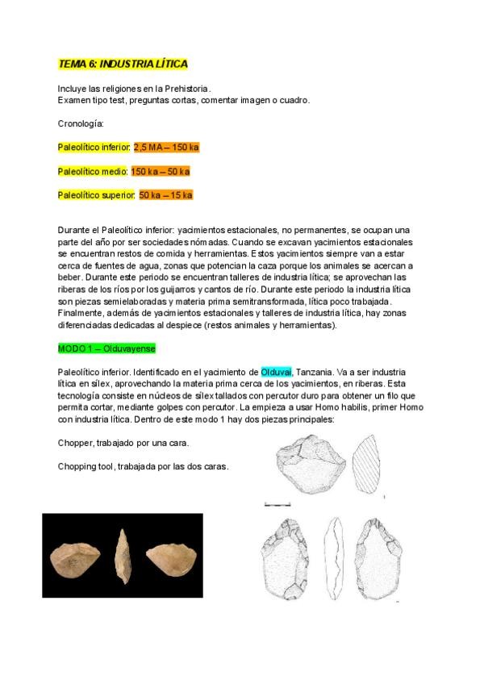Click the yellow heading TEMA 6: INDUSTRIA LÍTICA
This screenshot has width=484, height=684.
pyautogui.click(x=123, y=64)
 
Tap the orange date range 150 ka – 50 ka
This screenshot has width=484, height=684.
pyautogui.click(x=160, y=172)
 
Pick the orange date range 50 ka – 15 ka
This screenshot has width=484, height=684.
pyautogui.click(x=165, y=195)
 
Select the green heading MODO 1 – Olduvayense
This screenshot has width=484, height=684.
pyautogui.click(x=106, y=348)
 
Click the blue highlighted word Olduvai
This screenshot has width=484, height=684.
pyautogui.click(x=276, y=372)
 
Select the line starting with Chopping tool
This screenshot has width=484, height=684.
pyautogui.click(x=144, y=466)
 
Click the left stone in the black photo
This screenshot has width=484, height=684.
pyautogui.click(x=74, y=557)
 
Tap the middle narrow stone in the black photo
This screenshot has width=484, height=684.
pyautogui.click(x=123, y=557)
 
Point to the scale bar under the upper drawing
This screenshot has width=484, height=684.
pyautogui.click(x=277, y=504)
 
